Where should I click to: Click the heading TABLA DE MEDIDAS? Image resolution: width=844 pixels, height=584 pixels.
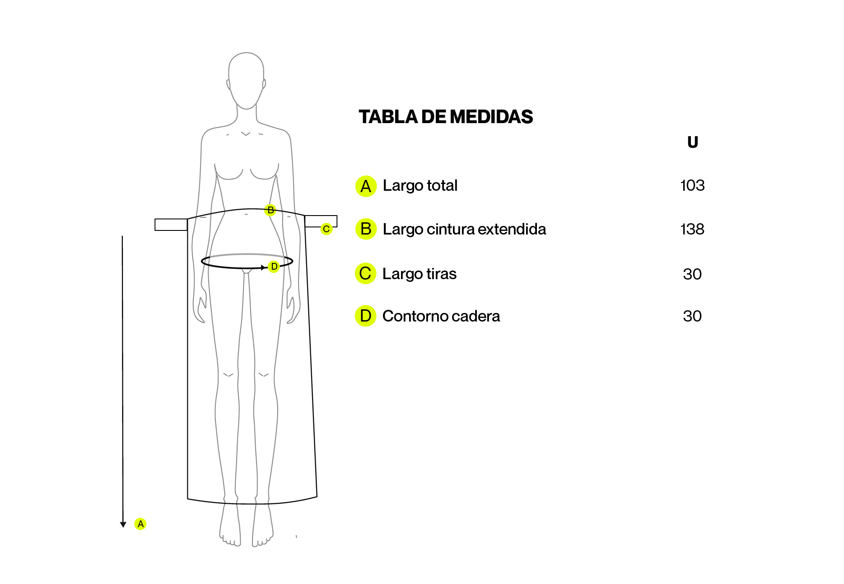pyautogui.click(x=446, y=117)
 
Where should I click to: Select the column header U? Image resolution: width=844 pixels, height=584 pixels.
pyautogui.click(x=692, y=143)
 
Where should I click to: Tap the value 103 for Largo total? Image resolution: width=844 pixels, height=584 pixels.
pyautogui.click(x=692, y=185)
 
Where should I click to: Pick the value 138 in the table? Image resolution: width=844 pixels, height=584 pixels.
pyautogui.click(x=692, y=229)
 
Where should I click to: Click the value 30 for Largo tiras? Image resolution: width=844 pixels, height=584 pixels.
pyautogui.click(x=692, y=274)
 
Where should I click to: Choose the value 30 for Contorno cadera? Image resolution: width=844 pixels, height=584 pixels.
pyautogui.click(x=692, y=316)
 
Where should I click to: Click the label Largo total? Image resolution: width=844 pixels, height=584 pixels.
pyautogui.click(x=420, y=186)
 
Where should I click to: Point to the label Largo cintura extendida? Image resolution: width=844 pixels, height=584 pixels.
pyautogui.click(x=464, y=230)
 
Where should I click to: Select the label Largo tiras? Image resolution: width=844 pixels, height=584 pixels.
pyautogui.click(x=419, y=274)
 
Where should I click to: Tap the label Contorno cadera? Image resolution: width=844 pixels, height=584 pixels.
pyautogui.click(x=441, y=316)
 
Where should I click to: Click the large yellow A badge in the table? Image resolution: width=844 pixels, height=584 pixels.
pyautogui.click(x=366, y=186)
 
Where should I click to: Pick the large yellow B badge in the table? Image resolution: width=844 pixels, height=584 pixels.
pyautogui.click(x=366, y=229)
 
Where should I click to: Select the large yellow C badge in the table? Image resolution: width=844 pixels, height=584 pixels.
pyautogui.click(x=366, y=273)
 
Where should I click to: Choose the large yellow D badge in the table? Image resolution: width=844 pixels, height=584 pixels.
pyautogui.click(x=366, y=316)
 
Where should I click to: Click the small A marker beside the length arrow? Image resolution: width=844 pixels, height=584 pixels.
pyautogui.click(x=140, y=524)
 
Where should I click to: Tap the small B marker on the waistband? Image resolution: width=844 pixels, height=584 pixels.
pyautogui.click(x=270, y=210)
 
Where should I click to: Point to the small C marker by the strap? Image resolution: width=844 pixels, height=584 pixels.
pyautogui.click(x=326, y=229)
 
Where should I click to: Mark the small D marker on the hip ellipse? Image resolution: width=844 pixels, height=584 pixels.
pyautogui.click(x=274, y=267)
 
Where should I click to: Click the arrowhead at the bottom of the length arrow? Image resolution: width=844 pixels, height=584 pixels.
pyautogui.click(x=123, y=524)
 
